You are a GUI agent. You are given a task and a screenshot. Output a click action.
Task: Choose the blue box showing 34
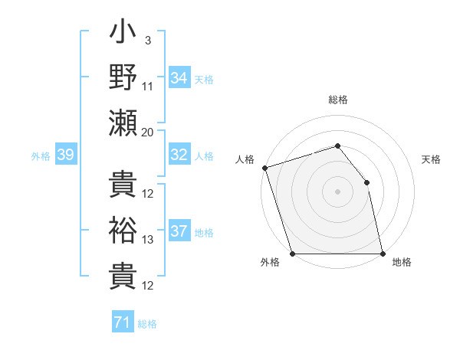click(x=179, y=77)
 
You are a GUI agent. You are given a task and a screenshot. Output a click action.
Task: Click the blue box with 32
click(x=179, y=155)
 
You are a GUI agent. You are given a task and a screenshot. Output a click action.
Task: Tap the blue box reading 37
click(x=179, y=232)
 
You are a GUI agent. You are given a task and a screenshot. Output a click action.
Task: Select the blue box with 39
click(x=65, y=155)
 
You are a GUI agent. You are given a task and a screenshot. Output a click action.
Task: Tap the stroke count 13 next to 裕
click(x=148, y=240)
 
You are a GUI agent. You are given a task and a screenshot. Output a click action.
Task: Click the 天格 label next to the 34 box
click(x=203, y=79)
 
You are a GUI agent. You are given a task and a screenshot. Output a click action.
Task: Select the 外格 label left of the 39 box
click(x=41, y=156)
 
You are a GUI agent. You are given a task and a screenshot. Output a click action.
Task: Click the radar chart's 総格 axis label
click(x=337, y=100)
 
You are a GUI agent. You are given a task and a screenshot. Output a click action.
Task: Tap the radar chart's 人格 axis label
click(x=245, y=159)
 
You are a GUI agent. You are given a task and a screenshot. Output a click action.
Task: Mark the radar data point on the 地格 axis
click(x=383, y=254)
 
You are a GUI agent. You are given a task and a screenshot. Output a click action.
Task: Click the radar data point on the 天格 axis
click(x=366, y=182)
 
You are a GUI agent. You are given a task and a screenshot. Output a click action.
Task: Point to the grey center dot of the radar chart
click(x=337, y=191)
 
